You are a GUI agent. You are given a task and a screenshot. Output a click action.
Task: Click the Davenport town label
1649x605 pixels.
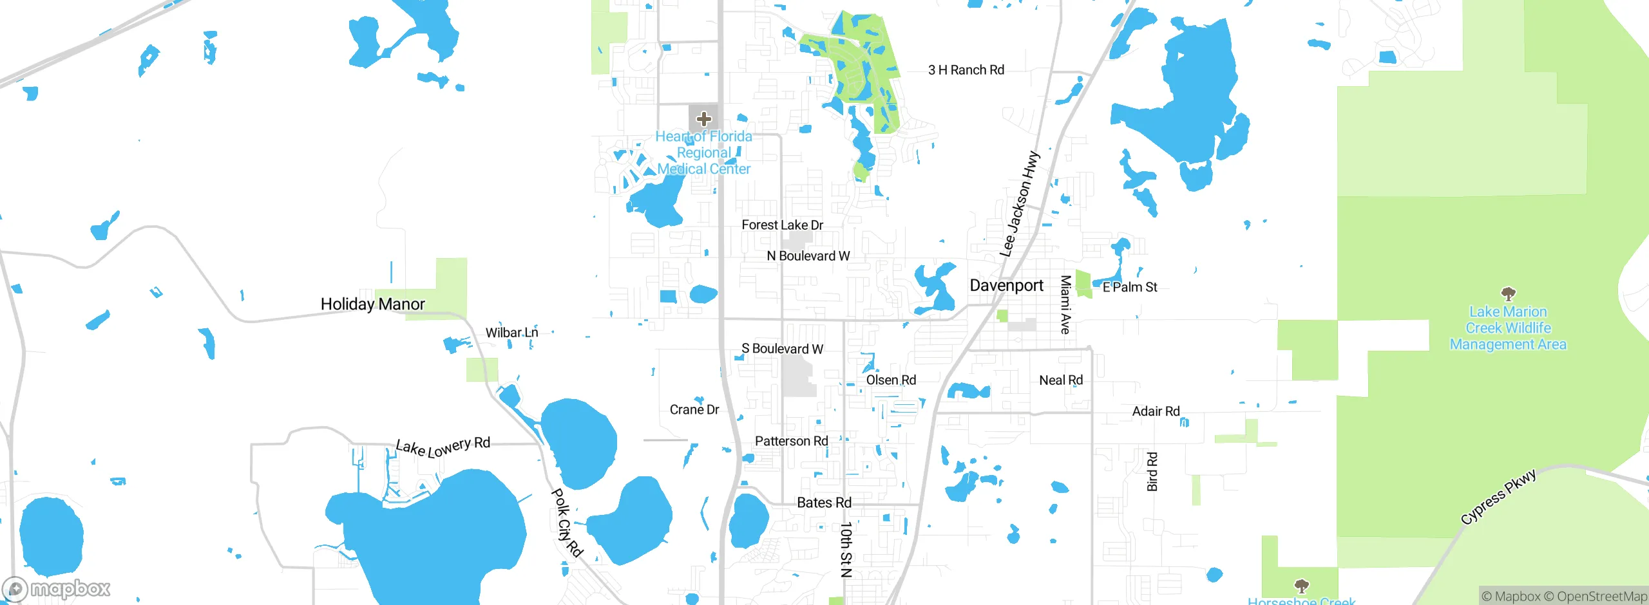click(x=1006, y=285)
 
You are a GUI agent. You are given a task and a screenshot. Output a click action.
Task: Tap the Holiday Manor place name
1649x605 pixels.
click(x=372, y=304)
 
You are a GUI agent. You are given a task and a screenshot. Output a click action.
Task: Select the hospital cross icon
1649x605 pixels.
click(x=703, y=119)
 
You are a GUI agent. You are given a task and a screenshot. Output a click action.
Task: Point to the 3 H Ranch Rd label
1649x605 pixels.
click(x=966, y=70)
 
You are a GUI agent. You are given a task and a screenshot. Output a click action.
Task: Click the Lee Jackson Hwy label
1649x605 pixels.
click(x=1020, y=204)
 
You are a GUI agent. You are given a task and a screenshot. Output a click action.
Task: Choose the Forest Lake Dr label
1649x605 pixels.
click(x=782, y=225)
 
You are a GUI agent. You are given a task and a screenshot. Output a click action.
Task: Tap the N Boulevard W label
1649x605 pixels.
click(x=808, y=256)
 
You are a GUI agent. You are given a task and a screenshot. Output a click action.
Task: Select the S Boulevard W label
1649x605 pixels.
click(x=782, y=349)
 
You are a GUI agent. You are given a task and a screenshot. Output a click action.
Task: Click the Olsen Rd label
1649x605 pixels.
click(x=891, y=380)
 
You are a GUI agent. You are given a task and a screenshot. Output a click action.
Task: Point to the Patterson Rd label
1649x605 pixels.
click(x=791, y=442)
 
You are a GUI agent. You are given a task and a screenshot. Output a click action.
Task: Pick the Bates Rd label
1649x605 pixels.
click(x=824, y=503)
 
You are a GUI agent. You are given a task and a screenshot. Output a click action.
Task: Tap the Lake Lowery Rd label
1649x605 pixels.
click(x=443, y=446)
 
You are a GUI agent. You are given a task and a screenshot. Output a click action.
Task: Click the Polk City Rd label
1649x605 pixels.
click(x=567, y=522)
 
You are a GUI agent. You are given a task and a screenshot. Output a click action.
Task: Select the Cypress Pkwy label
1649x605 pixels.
click(x=1498, y=497)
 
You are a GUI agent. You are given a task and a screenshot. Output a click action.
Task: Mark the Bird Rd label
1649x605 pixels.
click(x=1152, y=472)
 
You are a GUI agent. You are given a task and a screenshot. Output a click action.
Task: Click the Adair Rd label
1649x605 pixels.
click(x=1156, y=411)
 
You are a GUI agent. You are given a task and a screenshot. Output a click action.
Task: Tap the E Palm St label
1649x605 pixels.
click(x=1130, y=287)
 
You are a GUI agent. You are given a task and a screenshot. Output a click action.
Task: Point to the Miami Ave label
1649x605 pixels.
click(x=1065, y=304)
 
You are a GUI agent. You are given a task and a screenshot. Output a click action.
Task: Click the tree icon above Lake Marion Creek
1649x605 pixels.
click(x=1508, y=295)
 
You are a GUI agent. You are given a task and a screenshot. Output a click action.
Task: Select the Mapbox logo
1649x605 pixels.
click(x=57, y=588)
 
